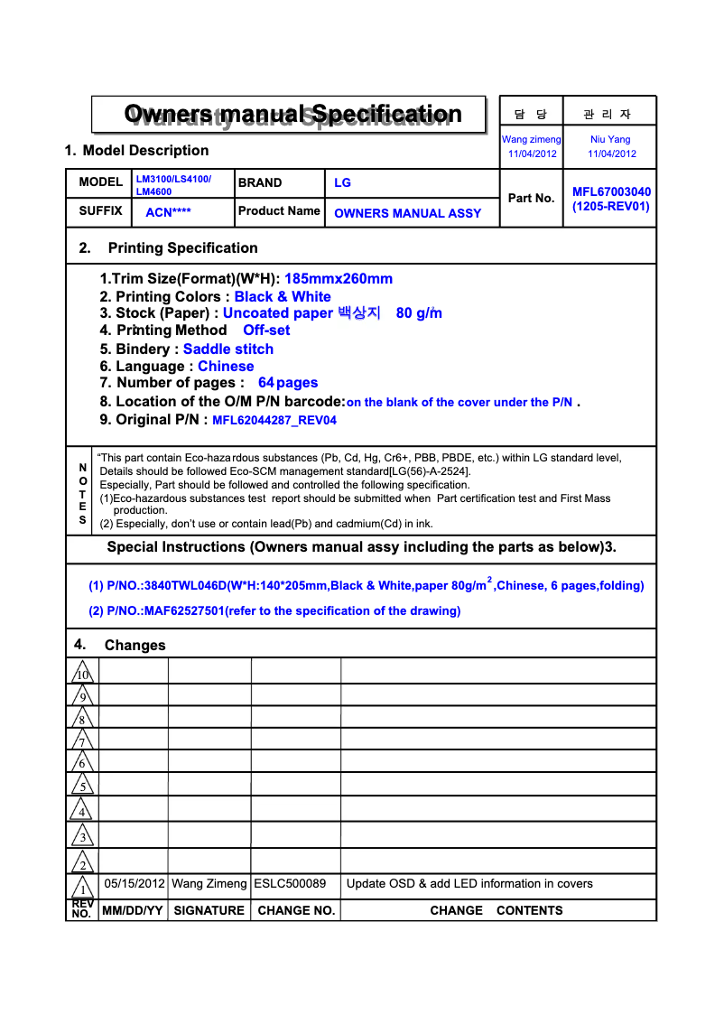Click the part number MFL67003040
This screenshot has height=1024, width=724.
(611, 191)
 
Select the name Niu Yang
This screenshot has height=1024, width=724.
(610, 139)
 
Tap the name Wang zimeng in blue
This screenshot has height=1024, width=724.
(532, 139)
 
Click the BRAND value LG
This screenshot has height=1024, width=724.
(342, 182)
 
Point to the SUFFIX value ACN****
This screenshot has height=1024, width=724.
(168, 213)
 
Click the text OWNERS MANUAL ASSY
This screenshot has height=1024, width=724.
(407, 213)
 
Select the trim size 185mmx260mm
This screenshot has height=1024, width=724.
(339, 279)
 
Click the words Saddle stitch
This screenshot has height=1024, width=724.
(227, 349)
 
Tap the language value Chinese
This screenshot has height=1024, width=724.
(226, 366)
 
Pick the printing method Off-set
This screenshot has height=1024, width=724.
(266, 330)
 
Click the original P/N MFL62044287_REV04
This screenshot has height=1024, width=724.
(274, 420)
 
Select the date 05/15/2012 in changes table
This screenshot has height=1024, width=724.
(135, 883)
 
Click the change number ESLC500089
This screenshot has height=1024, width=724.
(290, 883)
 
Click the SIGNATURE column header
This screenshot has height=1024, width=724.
(209, 910)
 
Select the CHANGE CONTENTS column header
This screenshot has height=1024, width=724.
(497, 910)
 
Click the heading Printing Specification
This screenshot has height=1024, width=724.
(182, 247)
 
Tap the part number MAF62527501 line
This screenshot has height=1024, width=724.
(274, 610)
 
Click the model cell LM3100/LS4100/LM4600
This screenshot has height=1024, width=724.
(173, 185)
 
